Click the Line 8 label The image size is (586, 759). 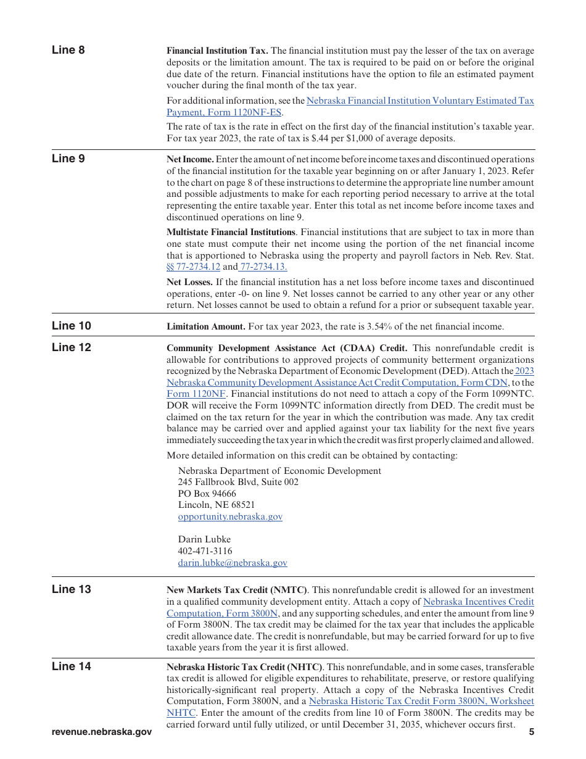(68, 50)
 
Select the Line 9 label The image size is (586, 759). (68, 159)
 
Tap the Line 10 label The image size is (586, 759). (71, 326)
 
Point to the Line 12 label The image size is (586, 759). (71, 347)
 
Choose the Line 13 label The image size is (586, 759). (71, 589)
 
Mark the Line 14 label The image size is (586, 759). (71, 666)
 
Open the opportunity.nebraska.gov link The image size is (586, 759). (230, 516)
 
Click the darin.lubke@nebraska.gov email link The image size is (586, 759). (233, 563)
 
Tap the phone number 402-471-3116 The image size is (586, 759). (205, 551)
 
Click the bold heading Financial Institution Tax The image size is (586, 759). (217, 51)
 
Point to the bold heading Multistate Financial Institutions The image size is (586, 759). (231, 232)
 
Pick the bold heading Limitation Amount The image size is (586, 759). (206, 326)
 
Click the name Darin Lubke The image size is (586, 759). (204, 539)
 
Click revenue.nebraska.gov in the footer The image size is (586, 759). (102, 732)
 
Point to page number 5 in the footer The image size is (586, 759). (531, 732)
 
